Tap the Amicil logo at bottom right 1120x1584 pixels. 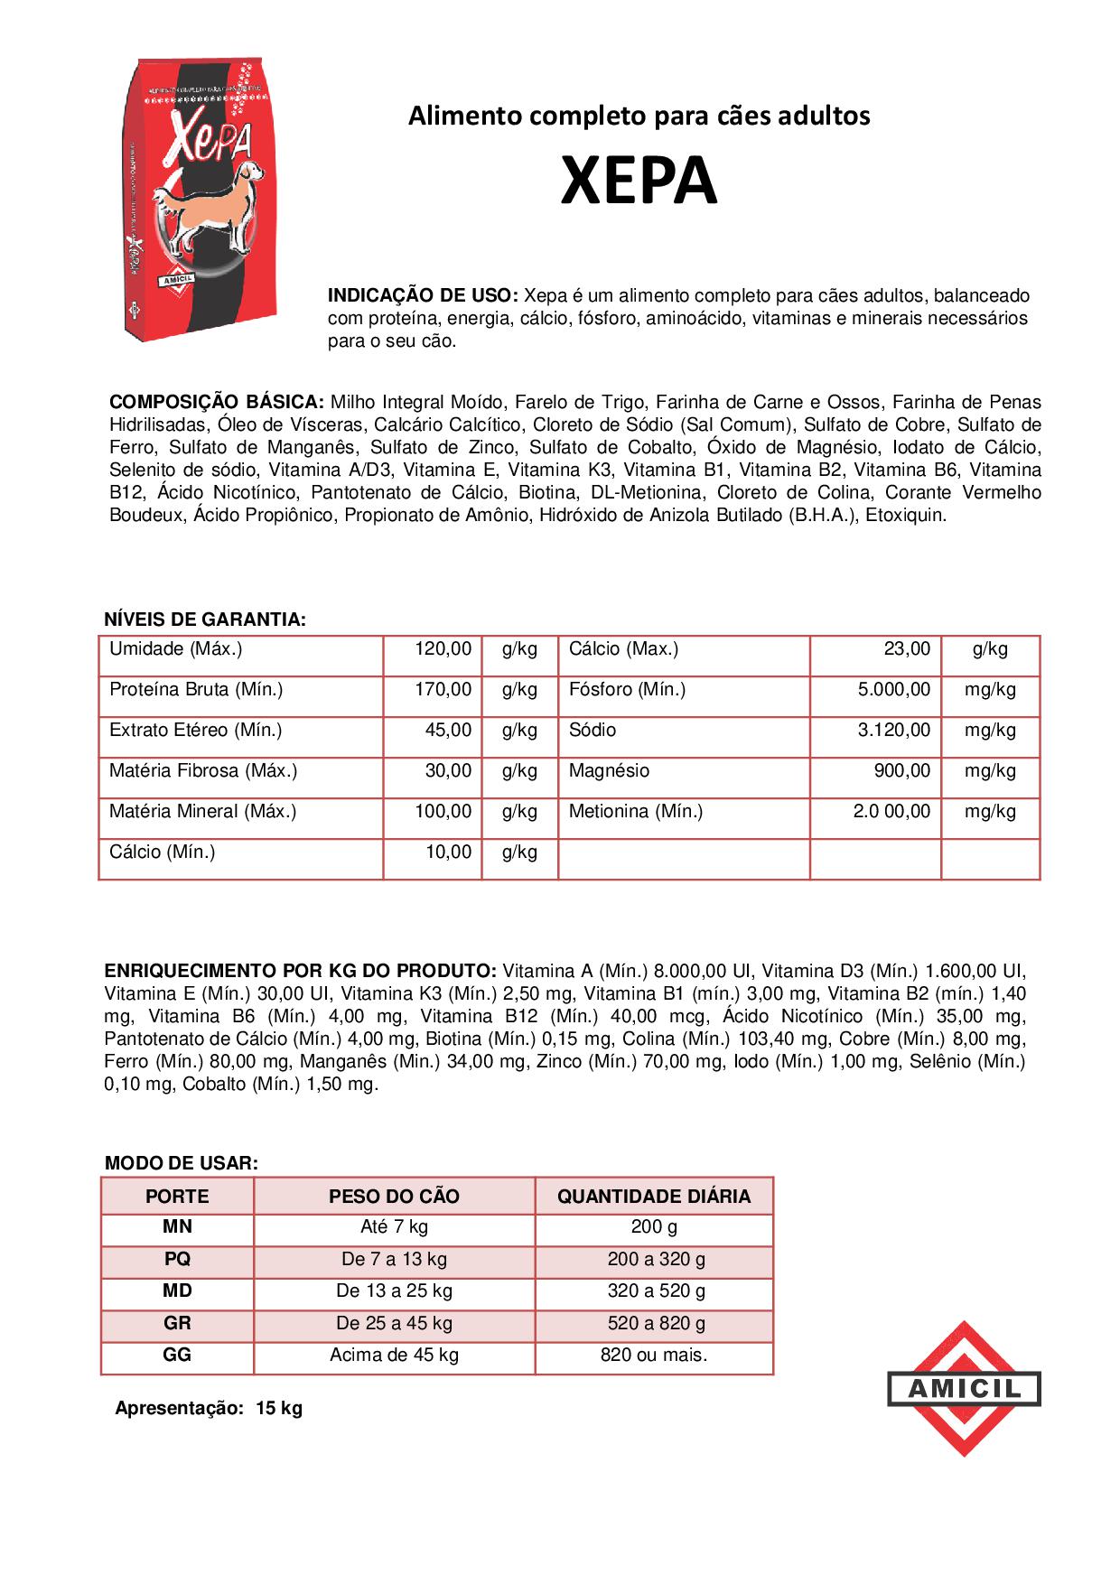tap(964, 1388)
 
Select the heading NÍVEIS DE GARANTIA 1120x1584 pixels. tap(205, 620)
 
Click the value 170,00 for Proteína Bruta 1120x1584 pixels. tap(443, 690)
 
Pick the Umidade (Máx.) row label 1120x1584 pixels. tap(175, 649)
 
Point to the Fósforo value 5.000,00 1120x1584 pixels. tap(893, 690)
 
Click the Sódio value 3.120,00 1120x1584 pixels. tap(893, 731)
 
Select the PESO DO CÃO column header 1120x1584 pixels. tap(394, 1197)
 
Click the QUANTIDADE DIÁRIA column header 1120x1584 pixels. tap(654, 1197)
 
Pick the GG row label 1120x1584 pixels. tap(177, 1356)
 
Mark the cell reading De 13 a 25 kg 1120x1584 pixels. tap(394, 1291)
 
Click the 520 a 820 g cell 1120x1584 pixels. tap(656, 1324)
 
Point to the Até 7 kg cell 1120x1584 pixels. tap(394, 1227)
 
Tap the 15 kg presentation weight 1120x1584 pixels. tap(279, 1409)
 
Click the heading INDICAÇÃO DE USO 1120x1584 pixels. tap(422, 296)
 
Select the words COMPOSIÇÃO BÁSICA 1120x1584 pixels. tap(216, 402)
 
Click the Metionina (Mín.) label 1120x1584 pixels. tap(635, 812)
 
